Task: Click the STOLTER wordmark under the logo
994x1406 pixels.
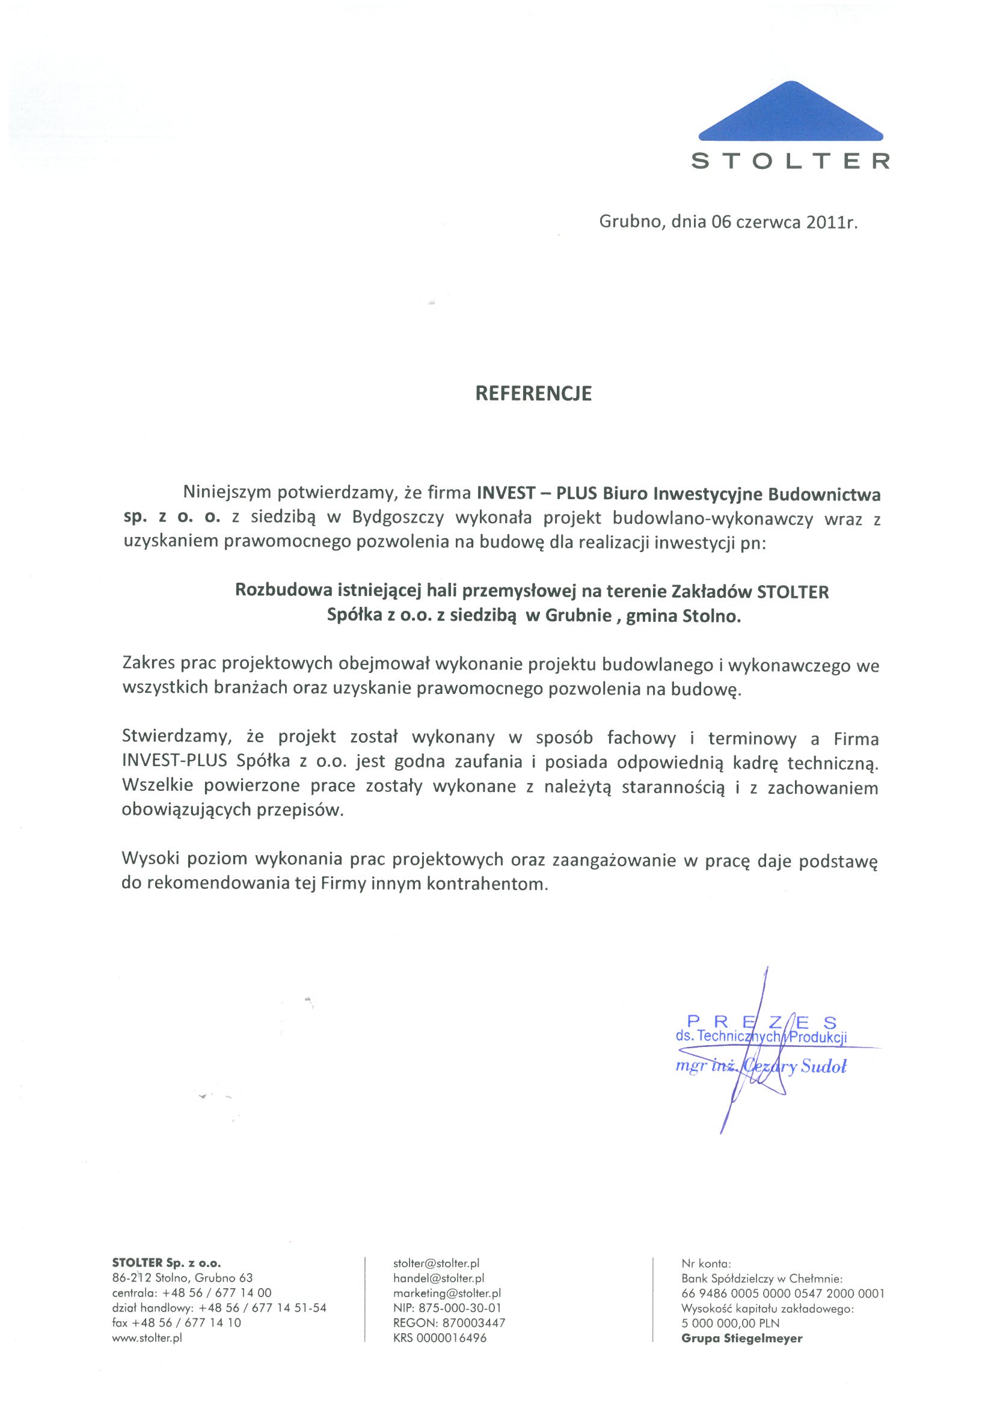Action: pos(790,162)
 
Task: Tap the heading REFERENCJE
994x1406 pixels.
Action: pos(533,393)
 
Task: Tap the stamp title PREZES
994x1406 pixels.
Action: pos(762,1022)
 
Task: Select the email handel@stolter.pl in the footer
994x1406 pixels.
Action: pos(438,1278)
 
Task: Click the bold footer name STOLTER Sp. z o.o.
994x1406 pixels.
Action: pos(167,1263)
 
